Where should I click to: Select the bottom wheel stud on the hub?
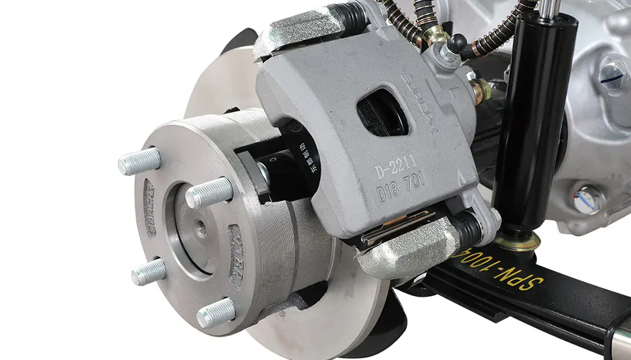click(216, 314)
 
